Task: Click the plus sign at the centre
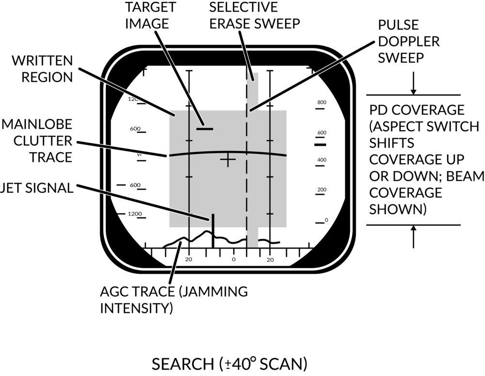[228, 159]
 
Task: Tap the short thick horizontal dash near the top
[205, 128]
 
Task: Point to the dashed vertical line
[247, 194]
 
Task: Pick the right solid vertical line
[270, 194]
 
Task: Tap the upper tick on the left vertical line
[189, 141]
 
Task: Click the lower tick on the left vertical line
[189, 177]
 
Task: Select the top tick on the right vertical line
[270, 141]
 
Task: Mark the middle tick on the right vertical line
[270, 177]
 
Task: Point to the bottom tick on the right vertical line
[270, 213]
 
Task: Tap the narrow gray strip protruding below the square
[253, 237]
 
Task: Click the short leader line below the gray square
[175, 263]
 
